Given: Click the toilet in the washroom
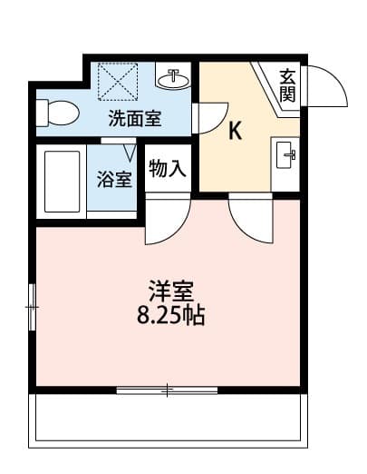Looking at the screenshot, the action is click(x=57, y=114).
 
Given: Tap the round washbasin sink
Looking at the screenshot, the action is click(x=173, y=80).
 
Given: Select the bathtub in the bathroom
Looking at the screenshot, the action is click(x=62, y=182).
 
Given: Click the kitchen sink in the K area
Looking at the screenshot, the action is click(x=285, y=154).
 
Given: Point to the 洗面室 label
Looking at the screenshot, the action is click(x=135, y=118).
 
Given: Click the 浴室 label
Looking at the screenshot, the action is click(x=114, y=180).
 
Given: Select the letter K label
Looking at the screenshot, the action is click(x=236, y=131).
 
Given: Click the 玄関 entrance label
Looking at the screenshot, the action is click(x=287, y=85).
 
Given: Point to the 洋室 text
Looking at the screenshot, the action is click(x=171, y=291).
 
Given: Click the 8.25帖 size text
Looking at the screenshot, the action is click(x=171, y=315).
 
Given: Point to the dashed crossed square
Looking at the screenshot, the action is click(x=118, y=82).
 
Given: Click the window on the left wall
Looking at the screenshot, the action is click(x=32, y=307).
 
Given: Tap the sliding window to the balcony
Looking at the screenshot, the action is click(x=167, y=390).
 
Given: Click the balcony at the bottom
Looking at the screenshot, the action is click(x=168, y=420).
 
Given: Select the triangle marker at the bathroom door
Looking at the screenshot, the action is click(x=130, y=153).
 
